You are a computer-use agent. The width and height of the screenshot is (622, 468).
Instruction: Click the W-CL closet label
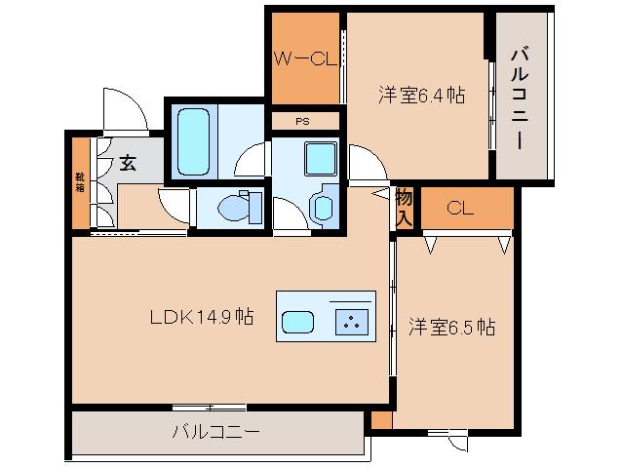[305, 58]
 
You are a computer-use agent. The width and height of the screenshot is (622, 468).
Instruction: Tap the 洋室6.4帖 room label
[420, 96]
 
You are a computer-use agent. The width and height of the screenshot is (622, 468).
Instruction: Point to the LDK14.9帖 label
[202, 317]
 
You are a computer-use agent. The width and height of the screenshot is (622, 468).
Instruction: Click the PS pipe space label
[305, 121]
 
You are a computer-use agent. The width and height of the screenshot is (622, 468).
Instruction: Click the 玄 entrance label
[128, 163]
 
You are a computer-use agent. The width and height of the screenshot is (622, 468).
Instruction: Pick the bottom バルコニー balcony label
[216, 430]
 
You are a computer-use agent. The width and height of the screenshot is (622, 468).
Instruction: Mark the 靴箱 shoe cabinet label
[79, 184]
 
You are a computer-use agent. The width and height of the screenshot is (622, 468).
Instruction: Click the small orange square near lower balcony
[381, 420]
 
